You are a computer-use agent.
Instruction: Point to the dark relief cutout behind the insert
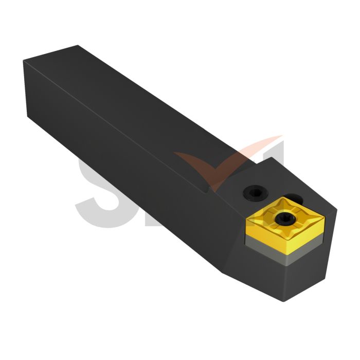[294, 197]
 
